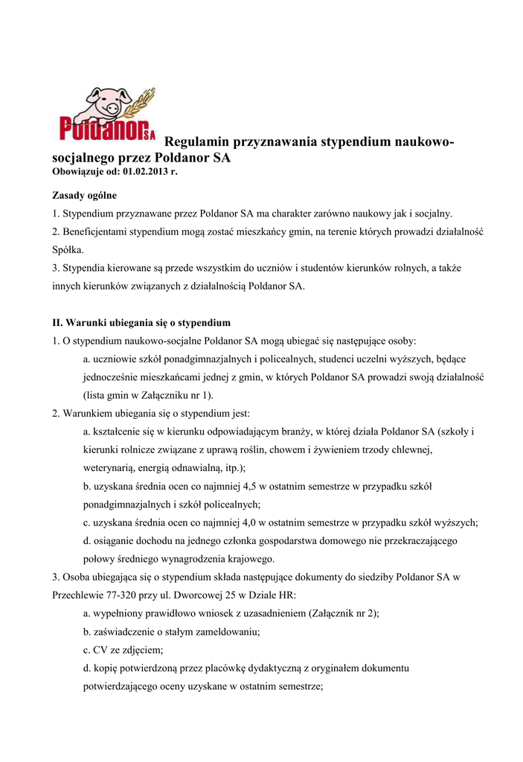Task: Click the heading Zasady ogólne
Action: pyautogui.click(x=84, y=196)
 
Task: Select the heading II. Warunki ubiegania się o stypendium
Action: pyautogui.click(x=141, y=323)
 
